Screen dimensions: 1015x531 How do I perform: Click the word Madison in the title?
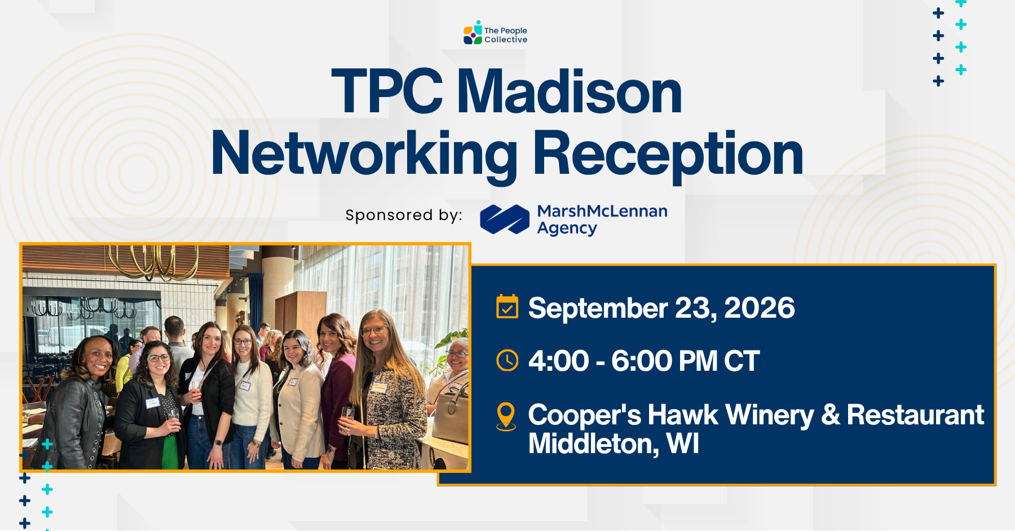click(569, 91)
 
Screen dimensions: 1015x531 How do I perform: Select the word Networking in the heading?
click(364, 153)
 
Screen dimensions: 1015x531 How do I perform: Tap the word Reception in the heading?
click(668, 153)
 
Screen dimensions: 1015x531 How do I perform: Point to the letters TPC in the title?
click(387, 91)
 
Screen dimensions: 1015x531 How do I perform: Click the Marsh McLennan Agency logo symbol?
click(505, 219)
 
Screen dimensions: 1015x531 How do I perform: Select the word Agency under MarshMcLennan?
click(567, 229)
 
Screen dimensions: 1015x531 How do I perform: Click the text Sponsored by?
click(404, 215)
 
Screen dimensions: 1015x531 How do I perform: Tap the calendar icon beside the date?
click(507, 306)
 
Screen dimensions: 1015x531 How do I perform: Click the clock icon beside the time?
click(507, 360)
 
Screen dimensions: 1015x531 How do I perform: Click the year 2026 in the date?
click(759, 308)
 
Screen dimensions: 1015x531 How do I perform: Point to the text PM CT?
click(718, 361)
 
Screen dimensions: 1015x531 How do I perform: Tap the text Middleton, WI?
click(614, 444)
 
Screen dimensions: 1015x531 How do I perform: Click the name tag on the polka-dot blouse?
click(152, 403)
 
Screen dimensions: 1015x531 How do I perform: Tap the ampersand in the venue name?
click(830, 415)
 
